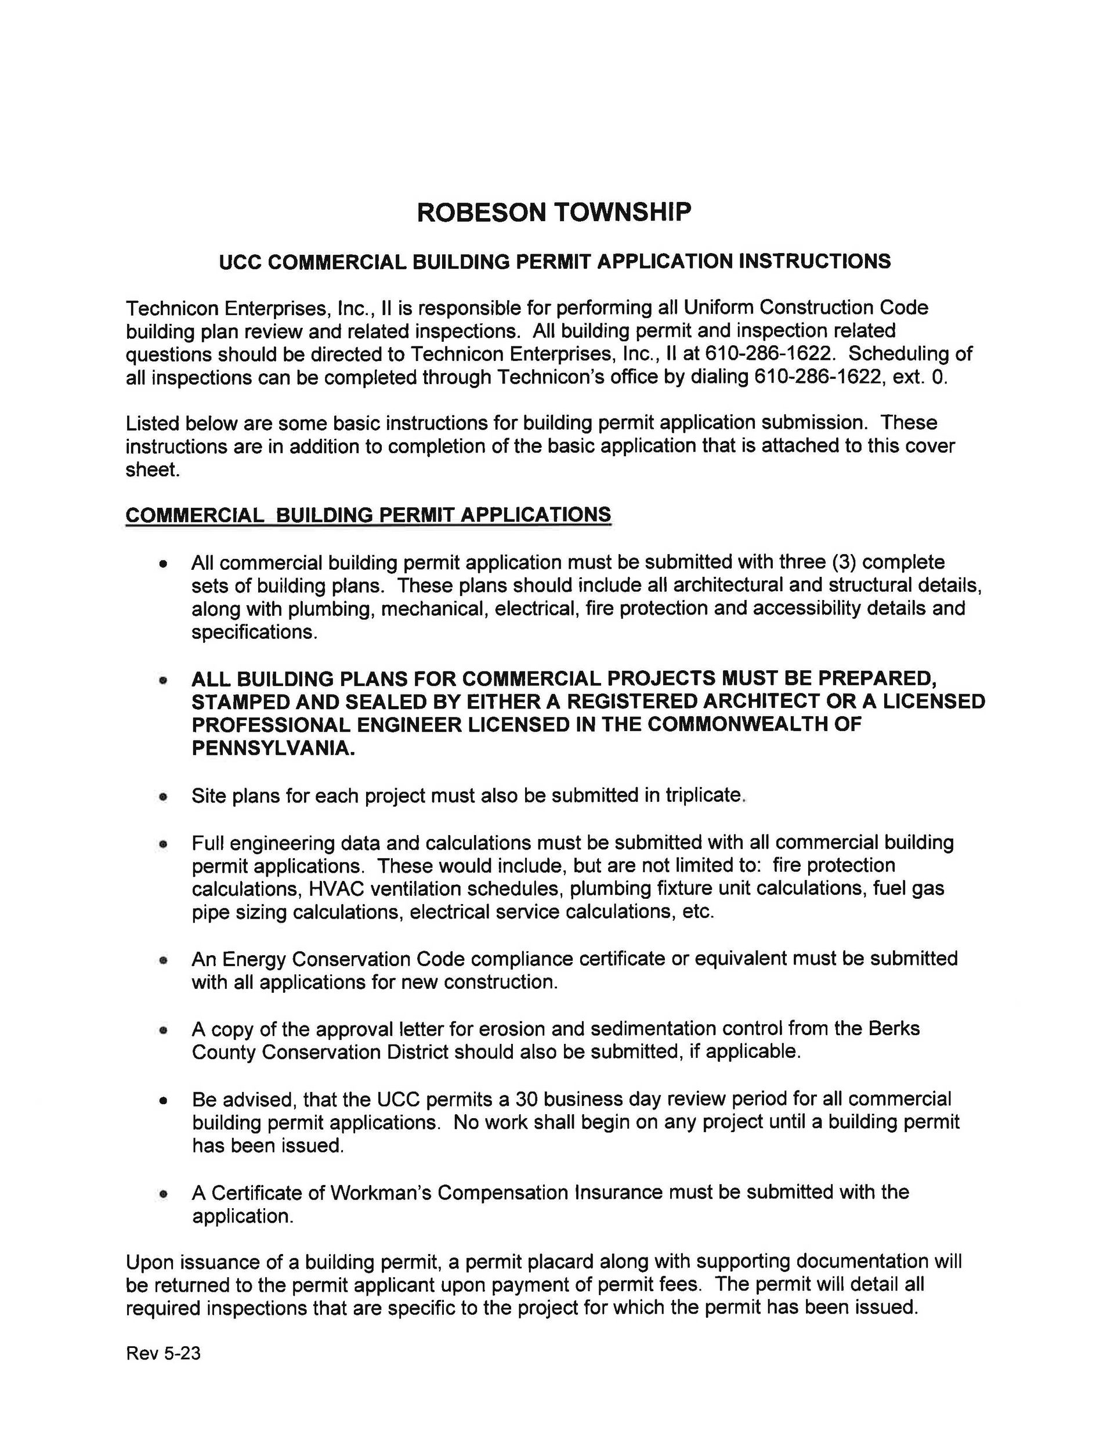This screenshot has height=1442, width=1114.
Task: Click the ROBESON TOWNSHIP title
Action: coord(554,212)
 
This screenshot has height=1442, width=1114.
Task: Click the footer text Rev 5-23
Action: coord(163,1354)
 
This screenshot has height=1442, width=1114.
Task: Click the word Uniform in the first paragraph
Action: coord(718,308)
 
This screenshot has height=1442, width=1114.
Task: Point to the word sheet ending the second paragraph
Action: coord(151,469)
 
